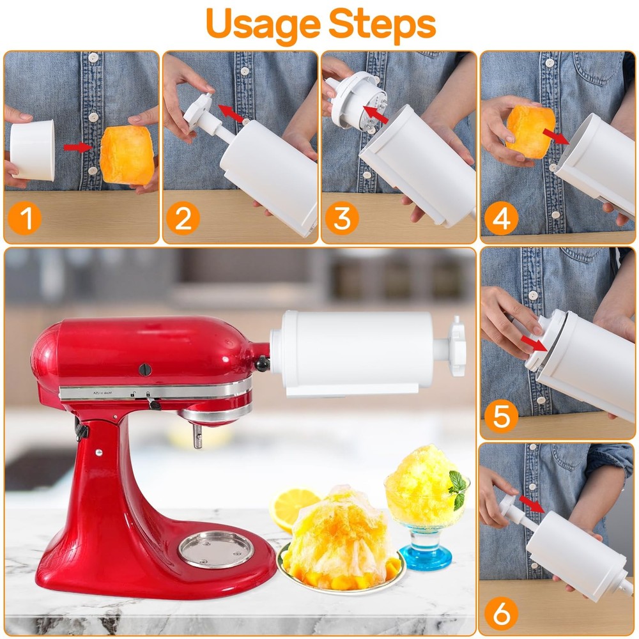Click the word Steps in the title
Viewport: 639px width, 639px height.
(x=382, y=24)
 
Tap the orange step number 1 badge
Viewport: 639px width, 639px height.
(x=24, y=218)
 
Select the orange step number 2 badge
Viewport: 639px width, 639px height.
(x=183, y=218)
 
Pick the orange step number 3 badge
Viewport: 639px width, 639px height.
(x=342, y=218)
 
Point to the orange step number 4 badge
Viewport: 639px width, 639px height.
(x=501, y=218)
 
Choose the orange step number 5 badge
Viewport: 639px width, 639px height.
(x=501, y=416)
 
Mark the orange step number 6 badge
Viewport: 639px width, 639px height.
(x=501, y=613)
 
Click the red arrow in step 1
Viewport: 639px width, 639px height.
(x=79, y=147)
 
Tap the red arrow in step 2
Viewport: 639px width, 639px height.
(x=231, y=113)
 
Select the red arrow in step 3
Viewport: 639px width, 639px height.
(x=375, y=114)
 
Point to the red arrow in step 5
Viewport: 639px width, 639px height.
(x=534, y=343)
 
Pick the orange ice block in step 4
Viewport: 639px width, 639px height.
(x=530, y=131)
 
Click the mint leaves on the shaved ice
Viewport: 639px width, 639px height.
(x=458, y=489)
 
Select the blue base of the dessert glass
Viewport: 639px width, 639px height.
(x=425, y=557)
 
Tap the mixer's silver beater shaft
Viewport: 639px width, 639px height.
(x=197, y=436)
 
